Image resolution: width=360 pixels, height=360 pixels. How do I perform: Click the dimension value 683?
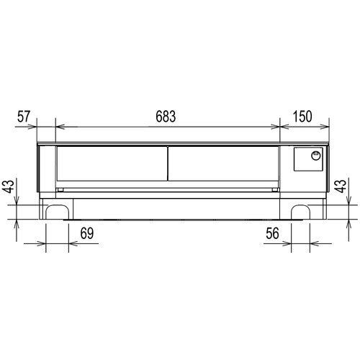point(166,117)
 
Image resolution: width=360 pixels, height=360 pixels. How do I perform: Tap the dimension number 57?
point(24,117)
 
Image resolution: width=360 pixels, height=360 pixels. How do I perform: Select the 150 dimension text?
point(302,117)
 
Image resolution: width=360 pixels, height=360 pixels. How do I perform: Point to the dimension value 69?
point(87,233)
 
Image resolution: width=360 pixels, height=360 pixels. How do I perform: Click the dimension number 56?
point(272,233)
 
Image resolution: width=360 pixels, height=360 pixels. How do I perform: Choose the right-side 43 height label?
point(341,186)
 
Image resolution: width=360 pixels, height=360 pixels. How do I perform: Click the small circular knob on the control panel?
point(315,156)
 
